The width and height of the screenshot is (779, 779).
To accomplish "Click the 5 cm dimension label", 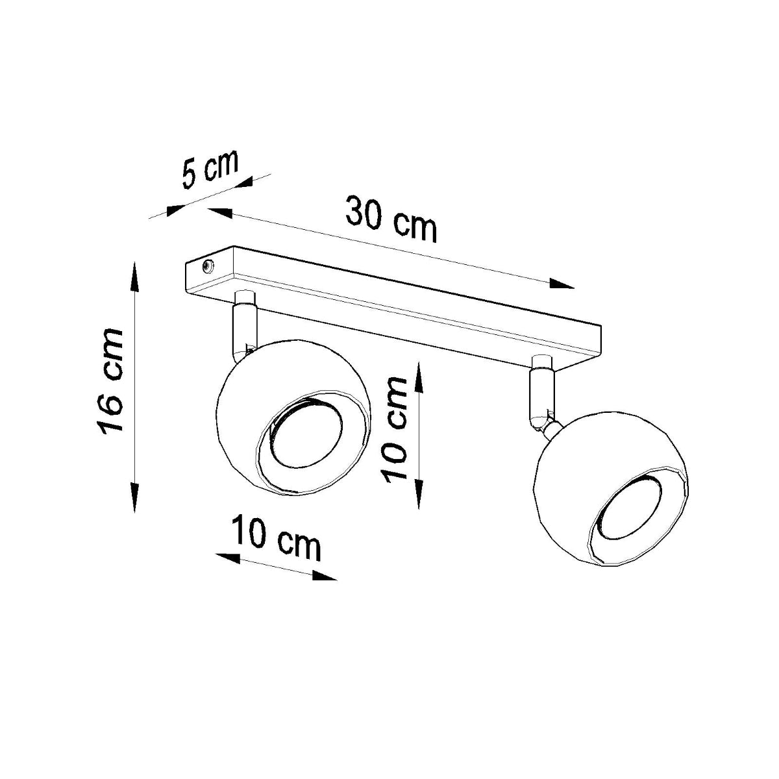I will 210,168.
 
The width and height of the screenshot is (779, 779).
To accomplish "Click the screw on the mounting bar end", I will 208,265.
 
